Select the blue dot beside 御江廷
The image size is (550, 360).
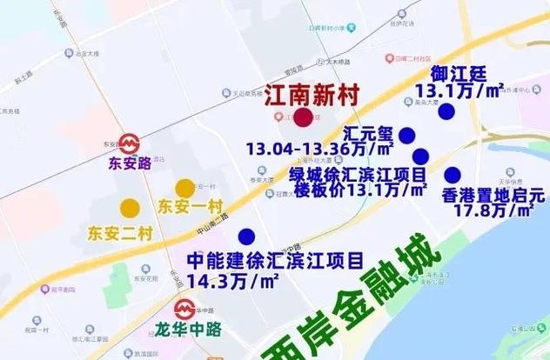(446, 111)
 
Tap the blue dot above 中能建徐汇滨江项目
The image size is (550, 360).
(246, 236)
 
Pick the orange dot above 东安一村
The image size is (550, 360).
(184, 188)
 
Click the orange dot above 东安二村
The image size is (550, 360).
(129, 207)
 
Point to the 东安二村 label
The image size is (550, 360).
(118, 232)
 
